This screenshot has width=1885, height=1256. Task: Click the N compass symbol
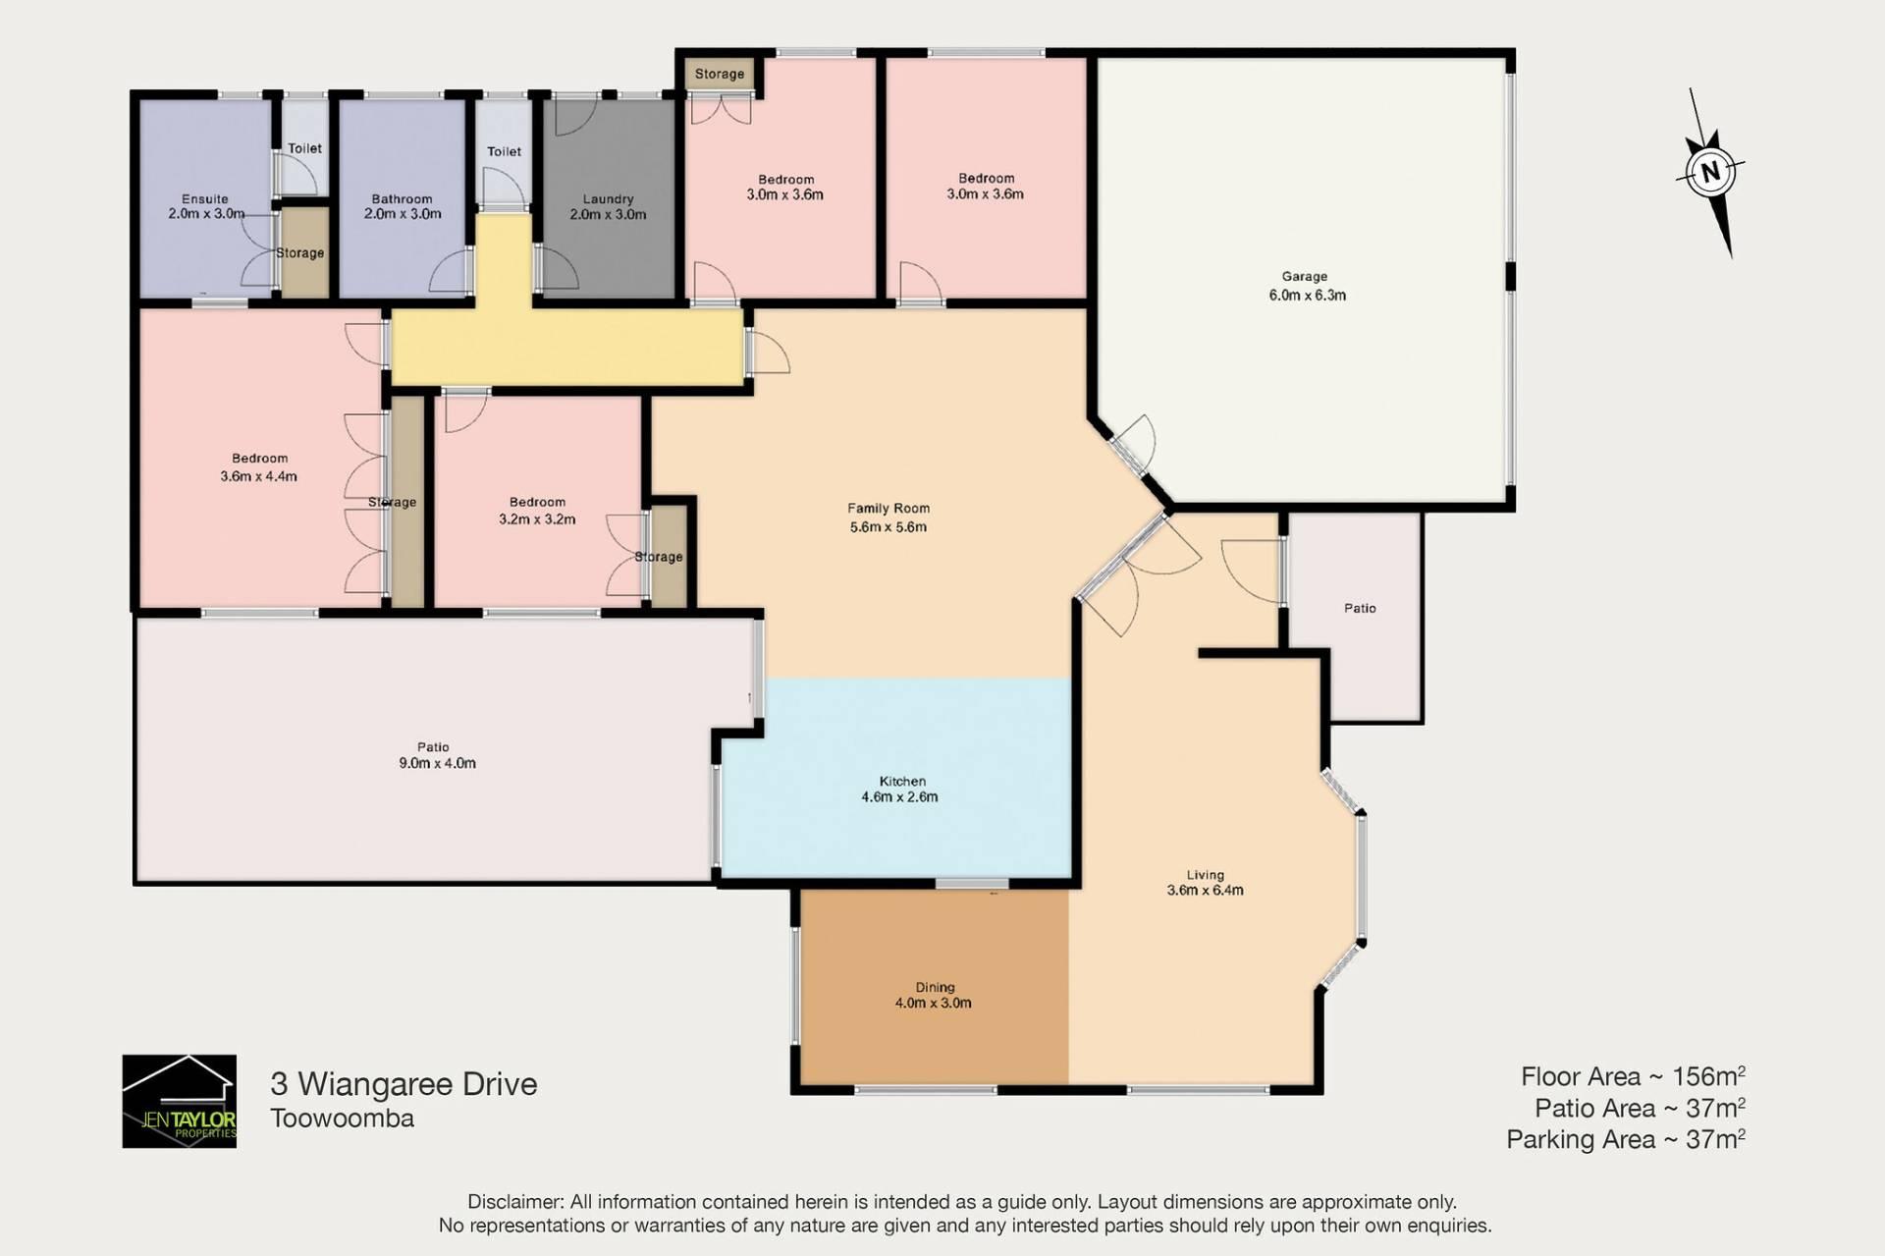coord(1710,173)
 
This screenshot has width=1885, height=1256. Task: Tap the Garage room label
coord(1304,277)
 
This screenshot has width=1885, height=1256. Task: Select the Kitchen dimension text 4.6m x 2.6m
coord(899,797)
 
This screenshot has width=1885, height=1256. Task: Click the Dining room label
coord(935,987)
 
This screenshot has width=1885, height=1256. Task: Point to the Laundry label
coord(608,199)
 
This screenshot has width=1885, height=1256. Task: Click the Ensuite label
coord(205,198)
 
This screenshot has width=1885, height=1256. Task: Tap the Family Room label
coord(889,508)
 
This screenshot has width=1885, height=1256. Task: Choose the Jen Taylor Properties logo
coord(179,1101)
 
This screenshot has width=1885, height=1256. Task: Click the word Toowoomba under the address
coord(342,1119)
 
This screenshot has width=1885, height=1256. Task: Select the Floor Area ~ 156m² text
coord(1633,1076)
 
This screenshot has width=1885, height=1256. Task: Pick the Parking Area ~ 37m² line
coord(1626,1139)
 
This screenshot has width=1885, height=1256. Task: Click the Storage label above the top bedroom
coord(720,74)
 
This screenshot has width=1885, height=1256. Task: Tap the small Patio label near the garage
coord(1360,608)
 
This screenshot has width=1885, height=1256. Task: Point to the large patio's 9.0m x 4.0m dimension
coord(437,763)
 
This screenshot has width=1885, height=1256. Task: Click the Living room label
coord(1205,875)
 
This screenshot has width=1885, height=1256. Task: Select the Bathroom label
coord(402,198)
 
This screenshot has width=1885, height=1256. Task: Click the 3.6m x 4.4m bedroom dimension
coord(258,476)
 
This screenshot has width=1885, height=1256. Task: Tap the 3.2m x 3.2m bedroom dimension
coord(537,519)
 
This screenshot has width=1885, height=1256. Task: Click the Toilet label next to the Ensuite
coord(304,148)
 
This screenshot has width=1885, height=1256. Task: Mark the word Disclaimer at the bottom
coord(514,1202)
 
